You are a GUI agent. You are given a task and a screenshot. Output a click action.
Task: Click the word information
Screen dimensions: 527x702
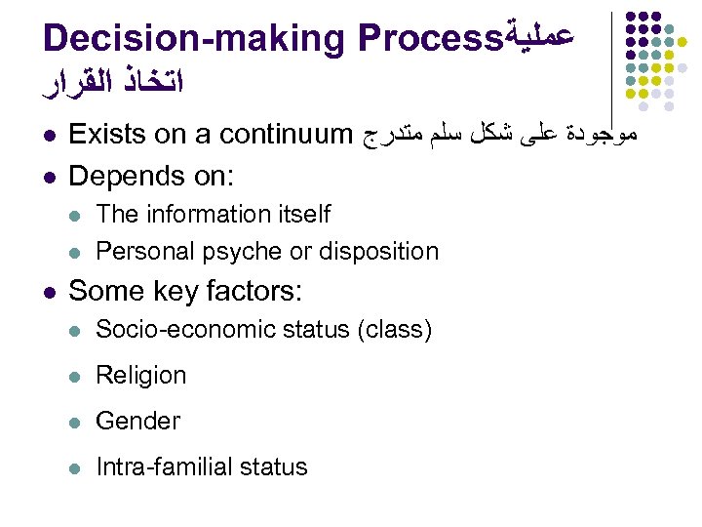click(x=207, y=214)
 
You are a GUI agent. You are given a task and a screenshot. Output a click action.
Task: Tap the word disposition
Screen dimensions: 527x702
click(x=376, y=251)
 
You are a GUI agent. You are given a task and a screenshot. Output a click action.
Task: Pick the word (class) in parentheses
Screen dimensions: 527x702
click(x=394, y=329)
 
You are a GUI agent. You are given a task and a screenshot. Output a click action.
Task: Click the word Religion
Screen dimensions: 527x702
click(x=140, y=375)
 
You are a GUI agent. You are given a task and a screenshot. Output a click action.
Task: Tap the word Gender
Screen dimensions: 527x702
click(x=137, y=421)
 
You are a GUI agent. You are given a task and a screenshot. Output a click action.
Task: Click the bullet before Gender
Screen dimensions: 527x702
click(x=76, y=422)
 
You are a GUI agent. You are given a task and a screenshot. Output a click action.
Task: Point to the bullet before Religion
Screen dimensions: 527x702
click(x=76, y=376)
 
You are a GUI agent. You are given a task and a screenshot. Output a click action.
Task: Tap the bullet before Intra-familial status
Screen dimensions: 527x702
click(x=76, y=467)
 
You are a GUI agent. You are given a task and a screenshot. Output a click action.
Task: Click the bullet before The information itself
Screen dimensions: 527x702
click(x=76, y=215)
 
